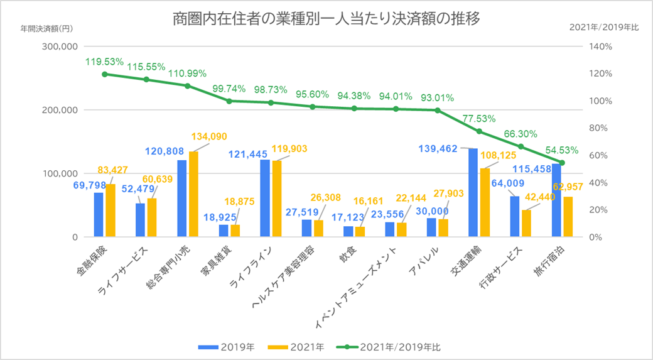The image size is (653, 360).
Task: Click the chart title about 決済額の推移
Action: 326,19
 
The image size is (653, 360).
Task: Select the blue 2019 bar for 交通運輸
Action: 473,193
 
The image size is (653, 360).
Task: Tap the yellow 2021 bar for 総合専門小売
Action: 193,194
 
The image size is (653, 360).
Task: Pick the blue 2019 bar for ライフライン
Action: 265,199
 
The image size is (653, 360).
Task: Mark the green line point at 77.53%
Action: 479,131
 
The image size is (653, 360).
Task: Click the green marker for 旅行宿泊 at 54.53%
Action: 562,163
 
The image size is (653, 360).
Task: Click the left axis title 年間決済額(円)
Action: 46,29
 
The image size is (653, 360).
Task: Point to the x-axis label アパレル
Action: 433,261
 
